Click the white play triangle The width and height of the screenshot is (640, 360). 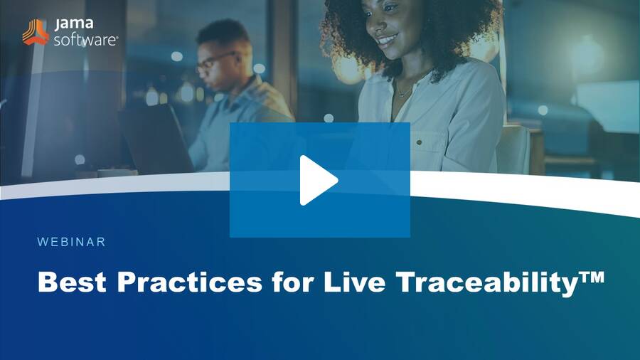point(317,181)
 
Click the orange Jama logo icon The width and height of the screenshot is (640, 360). point(36,32)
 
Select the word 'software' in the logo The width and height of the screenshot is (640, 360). point(85,40)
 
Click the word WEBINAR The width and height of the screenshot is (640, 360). point(71,242)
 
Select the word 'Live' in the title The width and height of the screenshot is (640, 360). point(355,282)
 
